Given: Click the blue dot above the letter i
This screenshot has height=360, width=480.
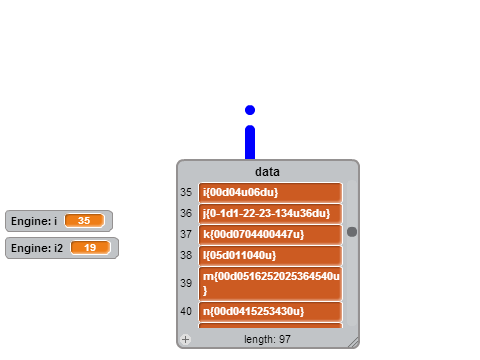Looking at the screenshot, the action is click(x=250, y=110).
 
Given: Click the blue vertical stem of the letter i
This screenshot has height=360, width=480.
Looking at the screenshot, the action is click(x=250, y=142).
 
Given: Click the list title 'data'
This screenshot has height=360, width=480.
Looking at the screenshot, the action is click(x=267, y=172).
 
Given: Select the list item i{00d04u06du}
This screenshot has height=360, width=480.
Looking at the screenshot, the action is click(x=270, y=192).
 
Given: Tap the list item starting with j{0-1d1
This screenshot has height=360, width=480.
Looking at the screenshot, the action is click(x=270, y=213).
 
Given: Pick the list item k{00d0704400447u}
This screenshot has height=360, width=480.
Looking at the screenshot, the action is click(x=270, y=234).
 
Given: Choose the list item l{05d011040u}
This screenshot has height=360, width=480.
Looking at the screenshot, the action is click(x=270, y=255).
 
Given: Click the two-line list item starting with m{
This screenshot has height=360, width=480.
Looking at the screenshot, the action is click(x=270, y=283).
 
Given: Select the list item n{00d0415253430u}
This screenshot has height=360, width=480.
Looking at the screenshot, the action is click(x=270, y=311).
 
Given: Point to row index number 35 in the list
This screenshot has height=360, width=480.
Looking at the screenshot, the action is click(x=186, y=192).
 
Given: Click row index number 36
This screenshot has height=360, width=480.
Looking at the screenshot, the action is click(x=186, y=213).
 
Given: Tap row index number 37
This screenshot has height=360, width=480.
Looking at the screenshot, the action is click(x=186, y=234).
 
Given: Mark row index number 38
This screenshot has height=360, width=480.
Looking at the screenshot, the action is click(x=186, y=255).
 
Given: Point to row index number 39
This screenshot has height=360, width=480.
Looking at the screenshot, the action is click(x=186, y=283).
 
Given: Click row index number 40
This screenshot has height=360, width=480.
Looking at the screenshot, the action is click(x=186, y=311).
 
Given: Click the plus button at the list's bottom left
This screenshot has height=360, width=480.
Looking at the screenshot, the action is click(x=186, y=339).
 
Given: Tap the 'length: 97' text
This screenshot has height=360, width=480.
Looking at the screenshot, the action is click(x=267, y=339).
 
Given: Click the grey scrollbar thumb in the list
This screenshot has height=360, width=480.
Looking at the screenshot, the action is click(x=352, y=232).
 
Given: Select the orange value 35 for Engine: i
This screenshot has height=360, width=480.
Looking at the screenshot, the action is click(x=84, y=221).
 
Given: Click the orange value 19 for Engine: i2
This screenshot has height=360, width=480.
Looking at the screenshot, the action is click(x=90, y=248).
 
